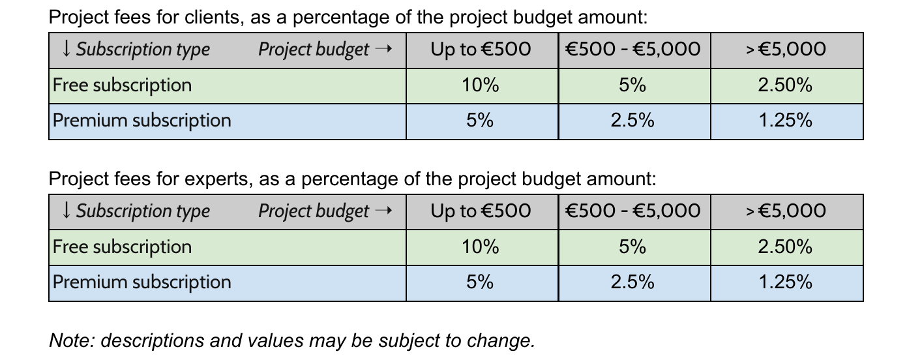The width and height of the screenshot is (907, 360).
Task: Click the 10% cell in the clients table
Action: pos(481,85)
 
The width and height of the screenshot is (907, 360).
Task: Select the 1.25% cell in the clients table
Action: pos(785,121)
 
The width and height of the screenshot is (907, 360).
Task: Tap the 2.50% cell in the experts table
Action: pos(785,247)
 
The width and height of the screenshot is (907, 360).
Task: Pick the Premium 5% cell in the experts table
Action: pos(480,282)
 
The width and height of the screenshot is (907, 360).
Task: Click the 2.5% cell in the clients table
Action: pos(632,121)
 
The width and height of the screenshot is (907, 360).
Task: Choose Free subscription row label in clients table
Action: pos(122,85)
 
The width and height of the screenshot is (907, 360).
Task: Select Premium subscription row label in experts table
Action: pos(141,282)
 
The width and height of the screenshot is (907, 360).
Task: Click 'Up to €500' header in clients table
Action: pos(481,50)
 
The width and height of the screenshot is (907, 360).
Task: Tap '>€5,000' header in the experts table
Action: pos(785,211)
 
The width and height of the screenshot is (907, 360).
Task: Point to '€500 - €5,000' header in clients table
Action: pos(632,50)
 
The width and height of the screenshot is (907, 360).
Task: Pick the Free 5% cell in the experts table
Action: pos(632,247)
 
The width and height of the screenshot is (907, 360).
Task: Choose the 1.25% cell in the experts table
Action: pos(785,282)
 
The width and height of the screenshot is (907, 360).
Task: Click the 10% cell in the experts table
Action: pos(481,247)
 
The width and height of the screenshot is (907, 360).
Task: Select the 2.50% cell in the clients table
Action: pos(785,85)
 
